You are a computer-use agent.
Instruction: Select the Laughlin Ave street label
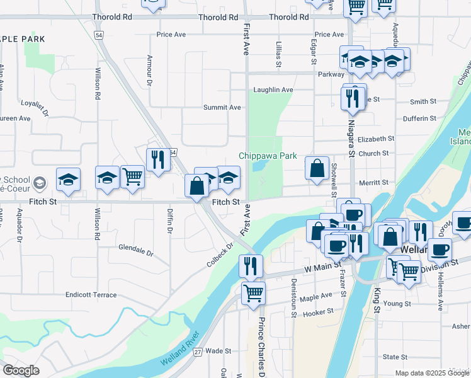[273, 90]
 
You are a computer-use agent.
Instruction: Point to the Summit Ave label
[222, 108]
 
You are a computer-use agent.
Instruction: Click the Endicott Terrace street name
[91, 295]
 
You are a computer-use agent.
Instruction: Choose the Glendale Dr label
[136, 250]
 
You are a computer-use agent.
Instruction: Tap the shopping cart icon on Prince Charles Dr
[253, 293]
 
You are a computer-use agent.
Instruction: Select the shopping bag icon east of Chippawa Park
[317, 168]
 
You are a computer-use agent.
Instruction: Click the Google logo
[21, 370]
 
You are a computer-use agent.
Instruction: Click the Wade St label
[218, 351]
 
